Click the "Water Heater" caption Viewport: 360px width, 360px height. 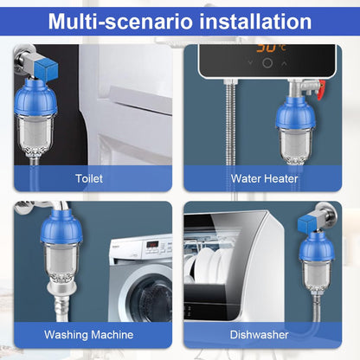[x=264, y=178]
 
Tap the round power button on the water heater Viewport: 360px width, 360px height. [x=268, y=63]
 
